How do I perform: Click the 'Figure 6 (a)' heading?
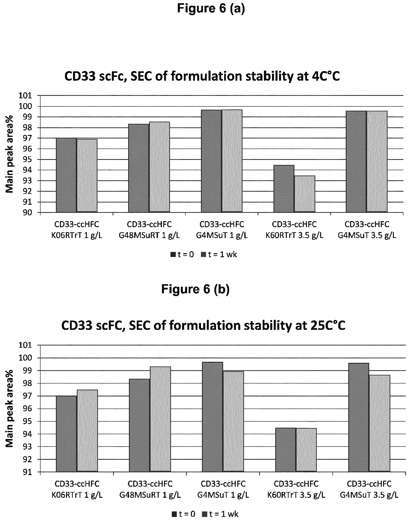click(211, 8)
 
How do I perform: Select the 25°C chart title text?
click(203, 326)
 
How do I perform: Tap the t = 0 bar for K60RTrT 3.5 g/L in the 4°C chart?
click(284, 188)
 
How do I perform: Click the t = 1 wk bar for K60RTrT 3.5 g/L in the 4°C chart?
click(305, 194)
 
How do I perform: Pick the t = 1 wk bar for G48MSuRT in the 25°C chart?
click(160, 419)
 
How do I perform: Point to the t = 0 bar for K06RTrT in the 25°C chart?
click(66, 433)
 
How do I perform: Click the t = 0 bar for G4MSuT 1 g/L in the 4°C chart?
click(211, 161)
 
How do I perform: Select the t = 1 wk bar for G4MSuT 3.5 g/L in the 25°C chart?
click(380, 423)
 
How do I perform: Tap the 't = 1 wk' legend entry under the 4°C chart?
click(219, 255)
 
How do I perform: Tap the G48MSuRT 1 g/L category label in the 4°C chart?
click(149, 230)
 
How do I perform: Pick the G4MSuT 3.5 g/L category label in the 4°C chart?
click(367, 230)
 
